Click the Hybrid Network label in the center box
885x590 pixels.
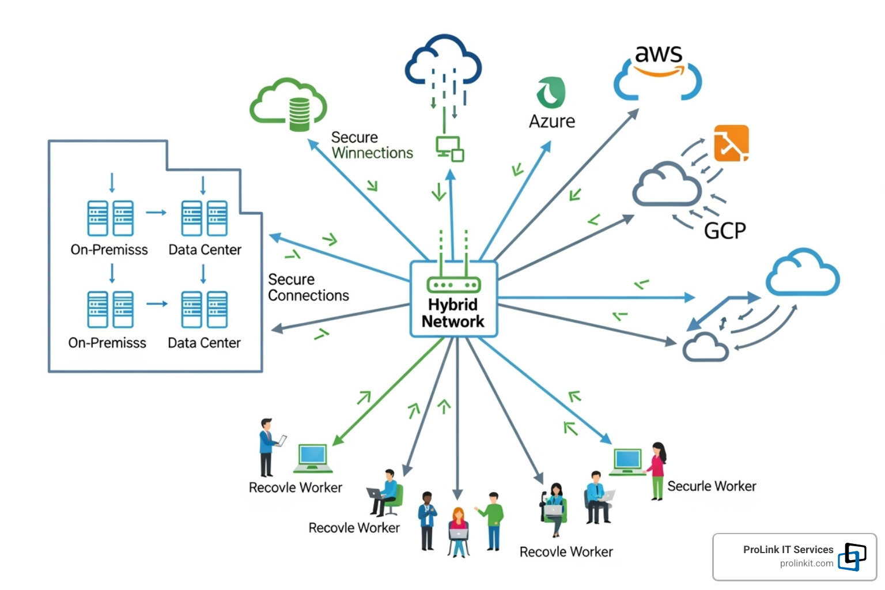(x=453, y=313)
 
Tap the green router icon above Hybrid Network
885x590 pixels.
(x=453, y=284)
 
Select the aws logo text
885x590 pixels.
(x=659, y=54)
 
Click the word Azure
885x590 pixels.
(x=552, y=121)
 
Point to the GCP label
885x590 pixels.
(x=725, y=230)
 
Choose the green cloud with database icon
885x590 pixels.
(x=289, y=105)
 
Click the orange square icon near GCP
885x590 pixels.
(x=731, y=143)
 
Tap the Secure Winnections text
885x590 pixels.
(x=372, y=145)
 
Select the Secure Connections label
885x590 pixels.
(x=308, y=288)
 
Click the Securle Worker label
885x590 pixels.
(x=712, y=486)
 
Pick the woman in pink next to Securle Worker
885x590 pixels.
(x=657, y=470)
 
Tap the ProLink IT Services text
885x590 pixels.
(x=788, y=550)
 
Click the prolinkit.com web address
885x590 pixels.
(x=806, y=563)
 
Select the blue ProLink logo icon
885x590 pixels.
(x=852, y=557)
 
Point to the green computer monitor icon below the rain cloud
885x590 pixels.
(x=449, y=148)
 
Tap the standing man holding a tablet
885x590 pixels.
(x=267, y=447)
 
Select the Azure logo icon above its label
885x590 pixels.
(x=551, y=92)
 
